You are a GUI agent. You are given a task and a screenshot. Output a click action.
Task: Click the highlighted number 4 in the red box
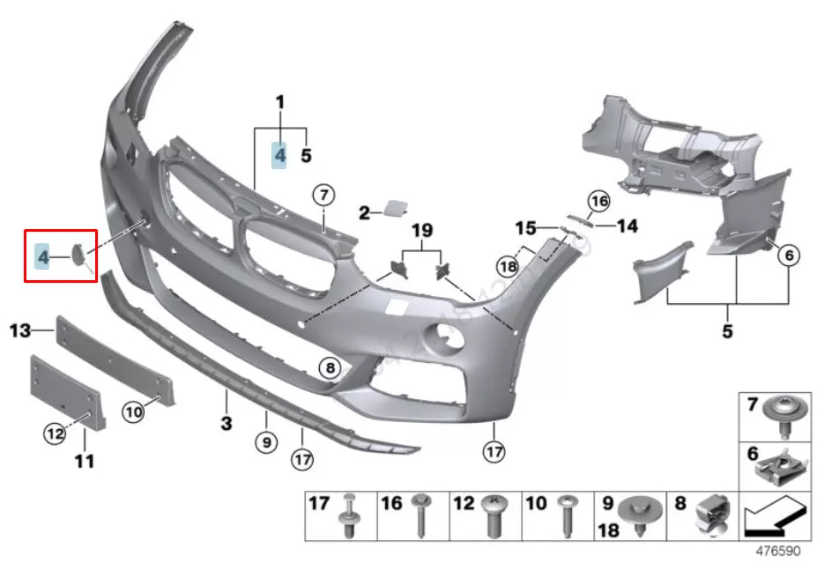point(42,257)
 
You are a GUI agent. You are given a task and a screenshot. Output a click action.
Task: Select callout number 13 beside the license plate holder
point(20,331)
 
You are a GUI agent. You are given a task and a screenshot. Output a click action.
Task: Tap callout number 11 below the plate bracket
point(85,460)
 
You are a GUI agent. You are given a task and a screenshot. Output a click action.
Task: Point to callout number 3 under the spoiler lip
point(226,424)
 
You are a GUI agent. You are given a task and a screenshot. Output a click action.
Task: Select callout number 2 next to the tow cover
point(364,212)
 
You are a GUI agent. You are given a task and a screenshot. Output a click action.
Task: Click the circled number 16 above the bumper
point(599,201)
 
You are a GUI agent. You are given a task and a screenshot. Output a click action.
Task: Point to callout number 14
point(627,226)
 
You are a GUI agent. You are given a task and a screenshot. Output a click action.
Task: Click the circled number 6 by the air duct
point(788,256)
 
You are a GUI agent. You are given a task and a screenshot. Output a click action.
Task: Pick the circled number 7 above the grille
point(323,195)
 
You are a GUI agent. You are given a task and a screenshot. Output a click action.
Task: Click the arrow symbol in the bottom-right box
point(774,516)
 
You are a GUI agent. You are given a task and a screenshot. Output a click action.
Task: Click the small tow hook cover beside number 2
point(390,209)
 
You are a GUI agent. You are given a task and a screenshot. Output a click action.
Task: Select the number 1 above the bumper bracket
point(280,103)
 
